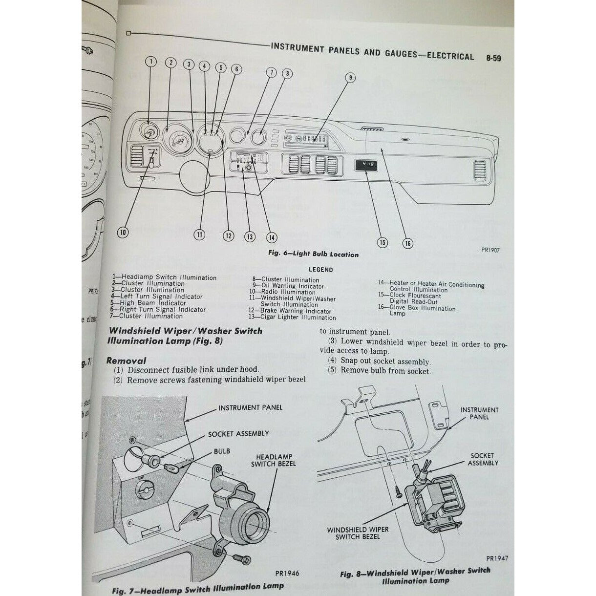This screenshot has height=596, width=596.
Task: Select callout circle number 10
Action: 123,233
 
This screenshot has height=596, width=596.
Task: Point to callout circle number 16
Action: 407,243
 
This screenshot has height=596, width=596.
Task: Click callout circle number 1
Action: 151,62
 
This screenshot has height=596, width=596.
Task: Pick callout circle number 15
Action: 382,241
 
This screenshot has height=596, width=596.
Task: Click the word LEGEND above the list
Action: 320,269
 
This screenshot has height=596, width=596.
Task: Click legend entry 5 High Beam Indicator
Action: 148,303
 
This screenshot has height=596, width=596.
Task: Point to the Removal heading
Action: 127,361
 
